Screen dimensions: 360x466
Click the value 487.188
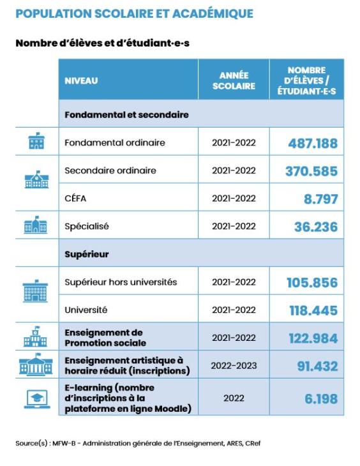(x=313, y=144)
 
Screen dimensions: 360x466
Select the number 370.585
(x=311, y=172)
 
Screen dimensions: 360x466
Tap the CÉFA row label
(x=75, y=199)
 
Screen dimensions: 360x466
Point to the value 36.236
(x=316, y=227)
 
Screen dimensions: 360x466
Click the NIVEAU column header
(x=81, y=81)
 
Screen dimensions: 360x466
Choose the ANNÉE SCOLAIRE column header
(x=234, y=81)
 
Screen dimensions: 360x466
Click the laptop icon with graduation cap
(x=37, y=399)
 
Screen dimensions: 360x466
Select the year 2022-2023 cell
(x=234, y=366)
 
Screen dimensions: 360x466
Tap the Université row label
(x=86, y=310)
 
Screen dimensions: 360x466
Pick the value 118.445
(x=313, y=311)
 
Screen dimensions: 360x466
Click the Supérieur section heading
(x=87, y=255)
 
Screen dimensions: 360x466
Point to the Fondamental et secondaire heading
(x=126, y=115)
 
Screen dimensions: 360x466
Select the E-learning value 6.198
(x=321, y=399)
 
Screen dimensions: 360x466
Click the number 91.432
(x=317, y=366)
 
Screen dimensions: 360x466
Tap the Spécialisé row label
(x=87, y=227)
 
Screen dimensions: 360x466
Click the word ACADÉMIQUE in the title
(x=213, y=13)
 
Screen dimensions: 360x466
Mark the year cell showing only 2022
(x=234, y=398)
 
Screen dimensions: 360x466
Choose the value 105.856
(x=312, y=283)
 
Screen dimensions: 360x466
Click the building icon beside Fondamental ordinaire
(x=36, y=141)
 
